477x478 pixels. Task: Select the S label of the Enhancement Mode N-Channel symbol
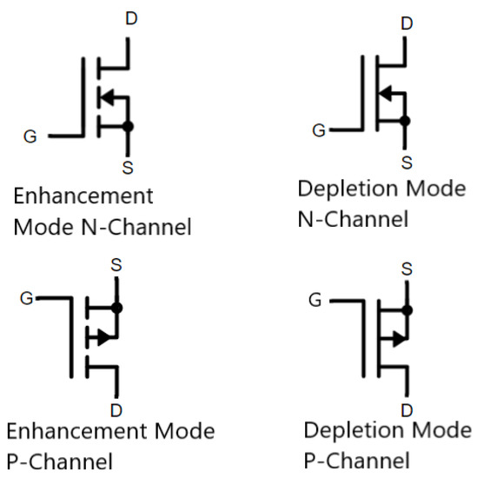pyautogui.click(x=129, y=165)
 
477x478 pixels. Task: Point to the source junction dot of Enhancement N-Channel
pyautogui.click(x=129, y=126)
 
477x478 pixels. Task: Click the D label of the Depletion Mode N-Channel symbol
pyautogui.click(x=406, y=22)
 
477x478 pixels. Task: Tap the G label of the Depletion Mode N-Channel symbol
pyautogui.click(x=319, y=131)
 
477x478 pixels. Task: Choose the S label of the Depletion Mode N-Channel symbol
pyautogui.click(x=406, y=162)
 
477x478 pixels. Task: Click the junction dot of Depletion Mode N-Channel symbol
pyautogui.click(x=406, y=122)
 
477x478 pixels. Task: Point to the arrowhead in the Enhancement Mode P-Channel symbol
pyautogui.click(x=103, y=337)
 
